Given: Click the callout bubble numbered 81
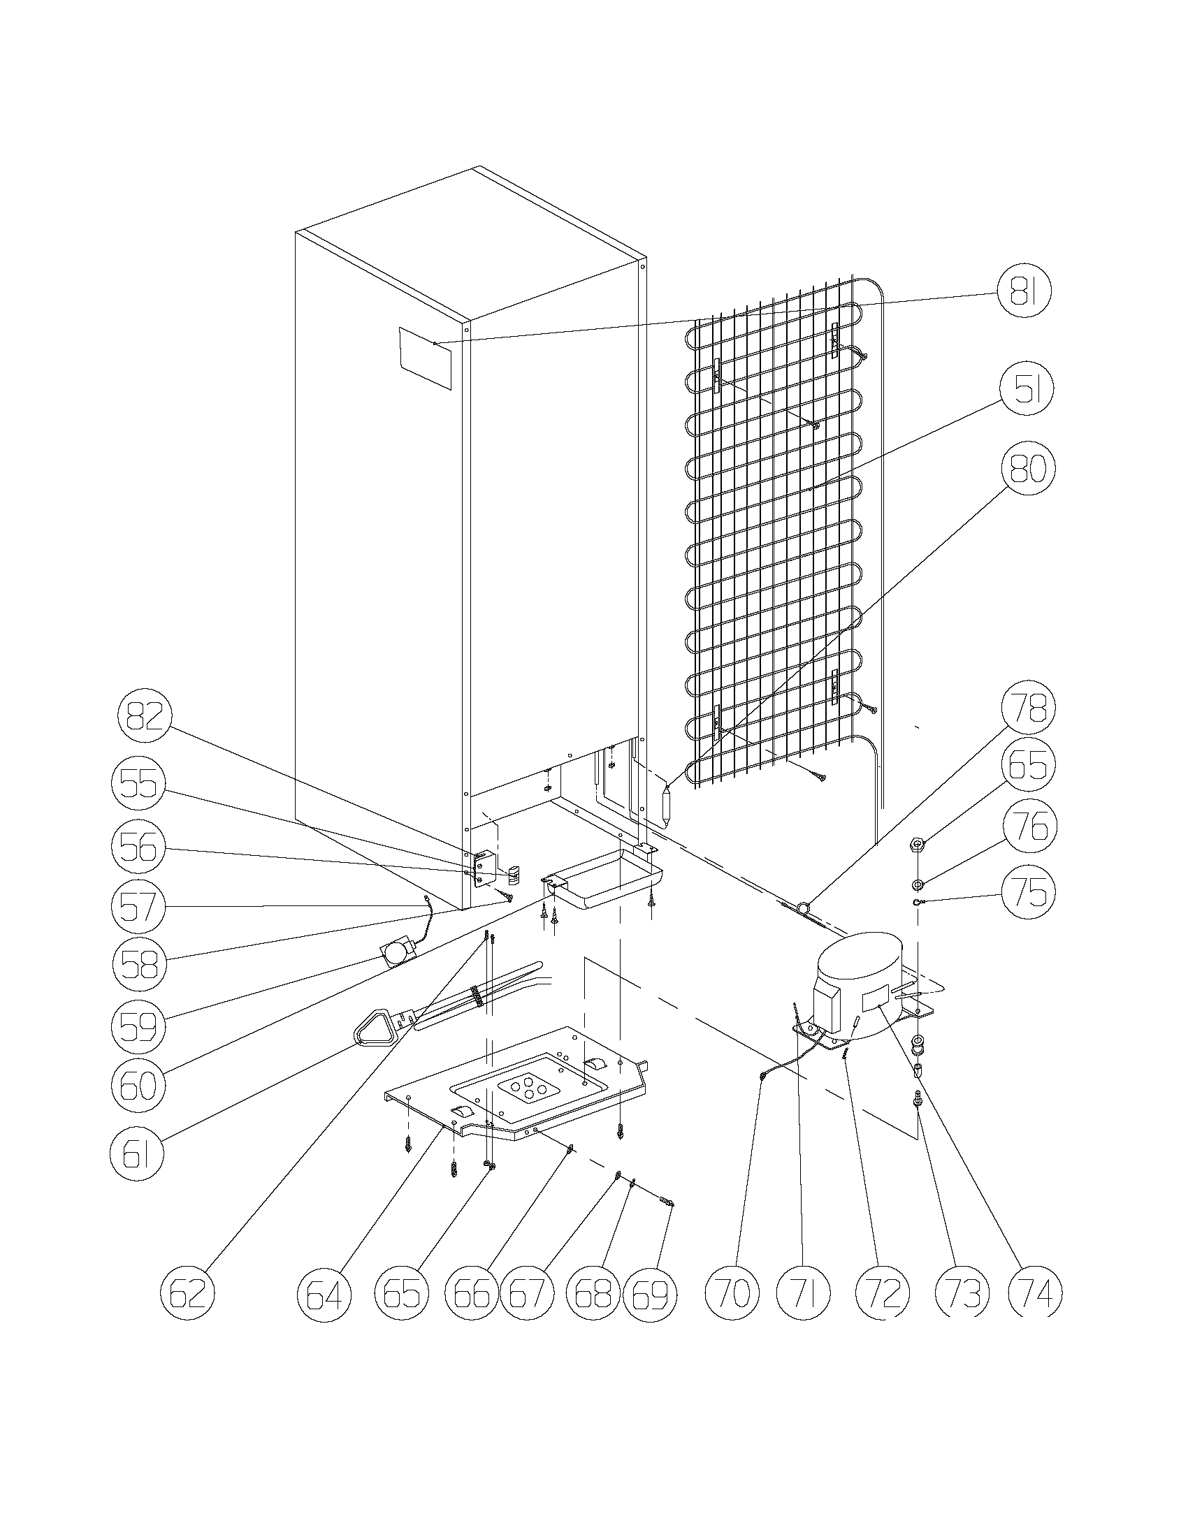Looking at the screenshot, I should [1023, 293].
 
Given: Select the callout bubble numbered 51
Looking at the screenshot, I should [1025, 391].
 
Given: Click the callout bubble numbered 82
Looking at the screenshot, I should [144, 717].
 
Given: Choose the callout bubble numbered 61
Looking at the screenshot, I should [137, 1156].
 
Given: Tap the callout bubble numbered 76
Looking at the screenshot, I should [1029, 829].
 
